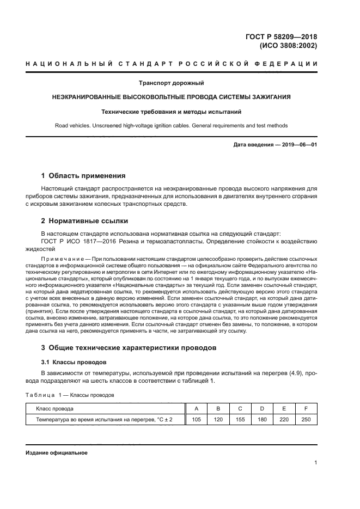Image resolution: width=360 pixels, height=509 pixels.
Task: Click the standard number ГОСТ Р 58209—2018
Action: click(x=282, y=36)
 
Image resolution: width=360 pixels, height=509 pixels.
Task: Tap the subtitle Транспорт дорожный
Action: click(x=172, y=83)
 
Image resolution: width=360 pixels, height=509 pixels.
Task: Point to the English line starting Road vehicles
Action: click(x=172, y=126)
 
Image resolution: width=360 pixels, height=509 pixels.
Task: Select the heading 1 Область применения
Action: click(x=84, y=176)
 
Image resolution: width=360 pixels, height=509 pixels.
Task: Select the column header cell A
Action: click(x=196, y=408)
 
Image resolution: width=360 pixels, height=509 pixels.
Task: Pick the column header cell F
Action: click(x=306, y=408)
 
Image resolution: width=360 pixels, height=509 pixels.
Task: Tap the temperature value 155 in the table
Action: click(x=240, y=419)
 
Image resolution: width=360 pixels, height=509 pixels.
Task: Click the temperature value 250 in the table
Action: click(x=306, y=419)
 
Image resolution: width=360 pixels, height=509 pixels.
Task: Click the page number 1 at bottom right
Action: click(x=315, y=463)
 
